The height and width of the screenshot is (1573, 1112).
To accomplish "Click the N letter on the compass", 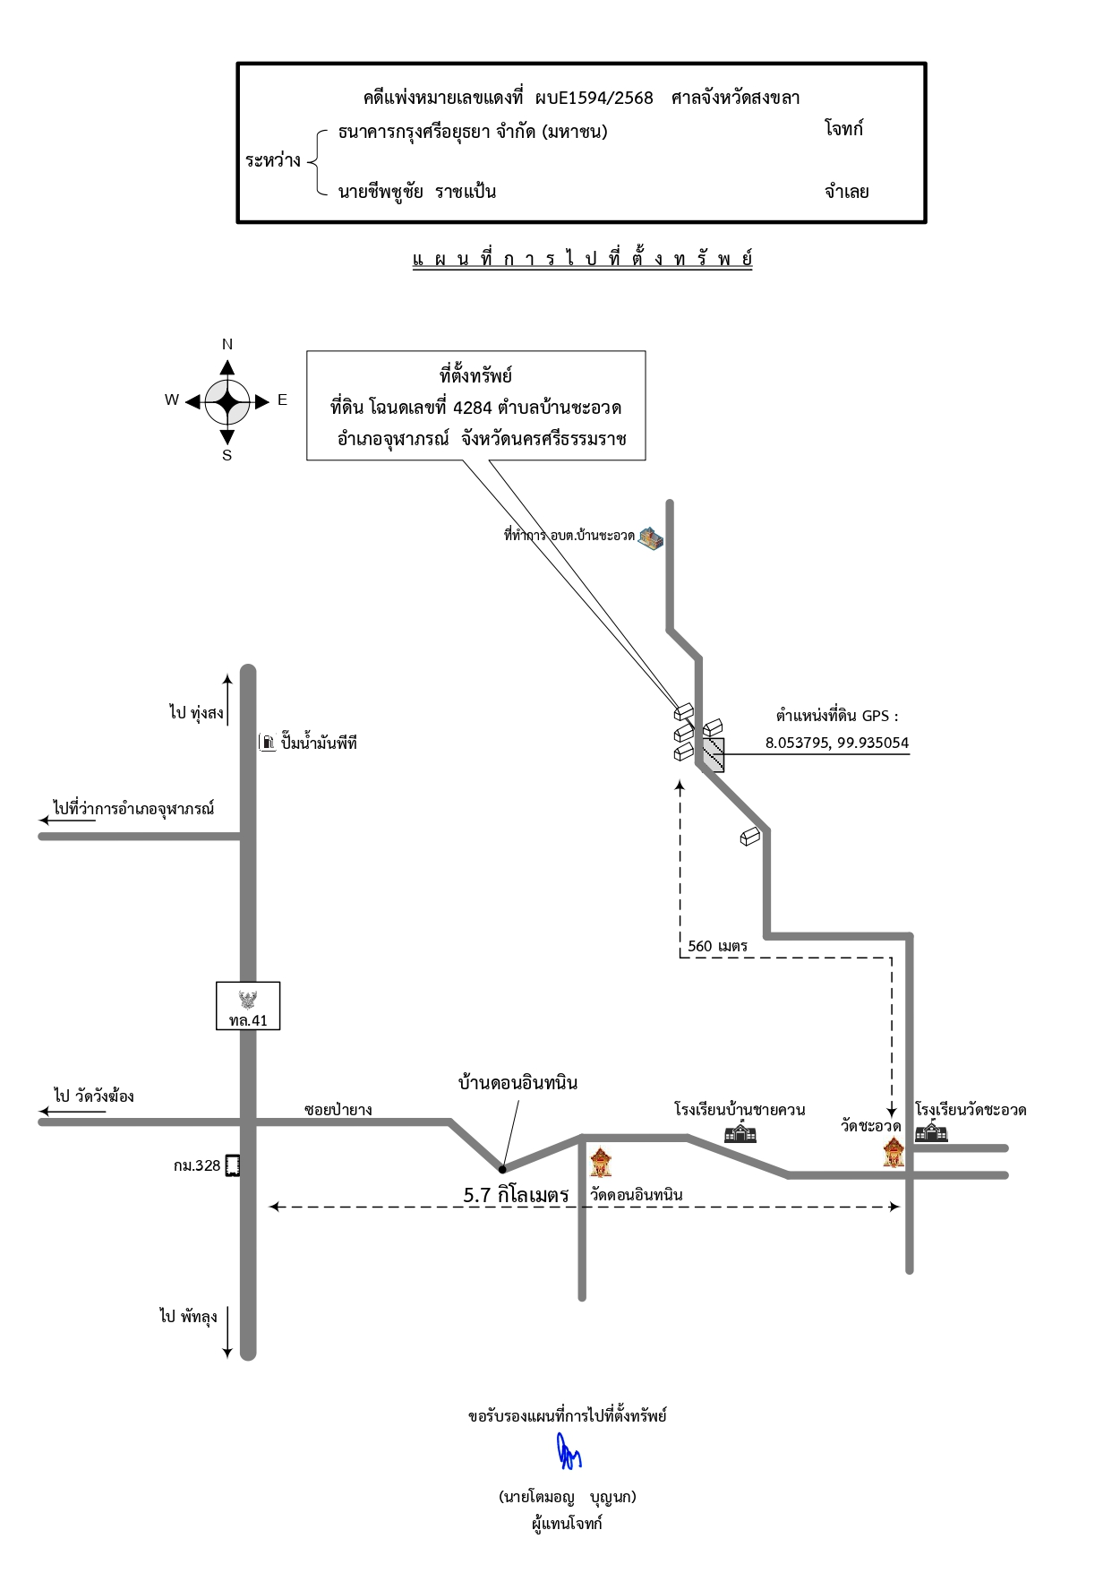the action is (227, 344).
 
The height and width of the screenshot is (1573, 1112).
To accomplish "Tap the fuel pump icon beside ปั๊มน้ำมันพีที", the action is (267, 742).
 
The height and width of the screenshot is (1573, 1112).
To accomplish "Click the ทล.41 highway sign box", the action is (248, 1006).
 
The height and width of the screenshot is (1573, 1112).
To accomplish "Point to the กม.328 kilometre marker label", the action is (197, 1165).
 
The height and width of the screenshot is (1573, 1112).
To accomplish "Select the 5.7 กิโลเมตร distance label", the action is (516, 1195).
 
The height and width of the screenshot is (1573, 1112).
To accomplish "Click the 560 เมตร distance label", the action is (717, 946).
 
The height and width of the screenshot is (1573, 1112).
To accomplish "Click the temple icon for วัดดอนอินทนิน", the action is (601, 1161).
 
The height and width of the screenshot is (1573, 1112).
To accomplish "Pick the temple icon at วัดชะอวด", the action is (894, 1152).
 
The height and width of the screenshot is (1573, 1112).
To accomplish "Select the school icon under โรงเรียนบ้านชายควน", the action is (740, 1132).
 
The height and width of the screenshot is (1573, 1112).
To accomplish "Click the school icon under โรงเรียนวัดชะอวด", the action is (931, 1131).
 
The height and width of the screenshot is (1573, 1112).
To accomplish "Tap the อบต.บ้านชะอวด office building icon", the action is (651, 538).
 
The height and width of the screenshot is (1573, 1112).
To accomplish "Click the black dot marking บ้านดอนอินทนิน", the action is (502, 1168).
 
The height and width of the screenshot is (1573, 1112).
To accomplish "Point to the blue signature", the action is (568, 1453).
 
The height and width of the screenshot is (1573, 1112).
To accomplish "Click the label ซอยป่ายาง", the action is (338, 1110).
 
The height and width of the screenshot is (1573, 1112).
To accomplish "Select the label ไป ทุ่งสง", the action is (196, 713).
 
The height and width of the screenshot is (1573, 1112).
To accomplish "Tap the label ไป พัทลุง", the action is (188, 1317).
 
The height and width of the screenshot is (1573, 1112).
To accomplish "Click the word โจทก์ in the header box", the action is (844, 129).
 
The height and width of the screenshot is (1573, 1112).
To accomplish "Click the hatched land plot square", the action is (713, 754).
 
